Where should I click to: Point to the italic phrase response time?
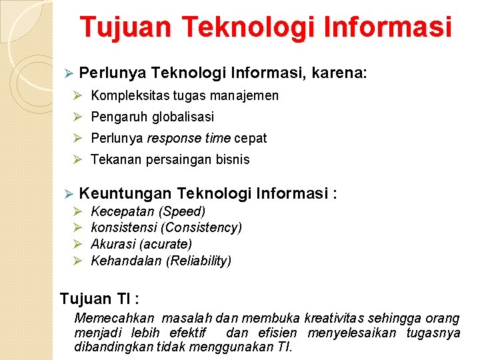(x=184, y=138)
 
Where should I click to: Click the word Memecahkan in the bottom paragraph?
(x=114, y=319)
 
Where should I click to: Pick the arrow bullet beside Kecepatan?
(x=77, y=211)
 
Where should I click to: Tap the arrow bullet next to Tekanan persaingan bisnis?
(x=77, y=159)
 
